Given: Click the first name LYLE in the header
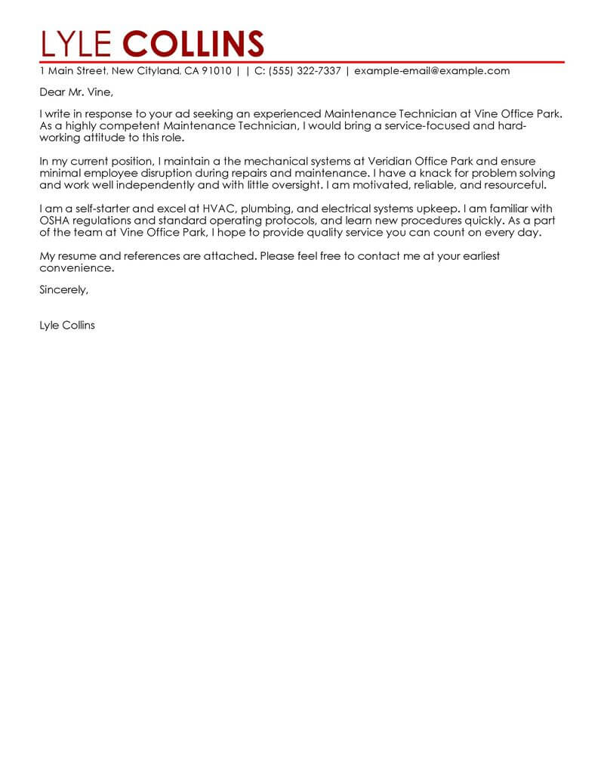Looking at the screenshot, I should [77, 44].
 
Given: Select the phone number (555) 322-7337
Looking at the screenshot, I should [302, 71].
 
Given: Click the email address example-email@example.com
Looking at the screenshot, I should [432, 71].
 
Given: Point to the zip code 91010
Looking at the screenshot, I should [215, 71].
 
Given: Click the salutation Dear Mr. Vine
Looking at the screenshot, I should [75, 93].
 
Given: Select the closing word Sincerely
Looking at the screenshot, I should [63, 289].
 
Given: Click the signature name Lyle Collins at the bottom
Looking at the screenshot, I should [67, 326].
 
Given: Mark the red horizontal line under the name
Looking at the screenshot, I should [302, 61].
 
